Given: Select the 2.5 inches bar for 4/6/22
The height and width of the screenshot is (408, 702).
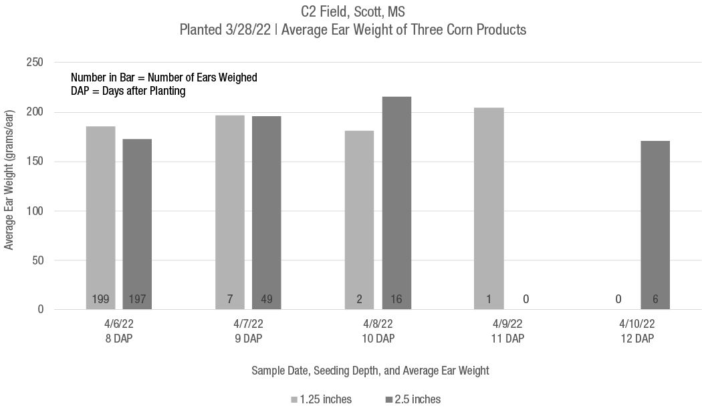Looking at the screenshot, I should (x=137, y=220).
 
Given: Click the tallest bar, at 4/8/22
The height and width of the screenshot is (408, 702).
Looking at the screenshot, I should (x=396, y=200).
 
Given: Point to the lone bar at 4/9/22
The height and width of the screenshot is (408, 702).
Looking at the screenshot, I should (x=489, y=207).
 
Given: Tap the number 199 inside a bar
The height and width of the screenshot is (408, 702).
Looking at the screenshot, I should (x=100, y=299).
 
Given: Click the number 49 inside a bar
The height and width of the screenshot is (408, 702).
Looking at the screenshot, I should (x=267, y=299).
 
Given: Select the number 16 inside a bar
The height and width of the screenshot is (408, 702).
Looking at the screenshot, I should (x=396, y=299).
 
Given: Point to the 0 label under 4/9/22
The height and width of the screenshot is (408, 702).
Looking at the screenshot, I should (x=526, y=299).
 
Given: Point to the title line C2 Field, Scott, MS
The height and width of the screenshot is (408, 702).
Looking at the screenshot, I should (x=352, y=11).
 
